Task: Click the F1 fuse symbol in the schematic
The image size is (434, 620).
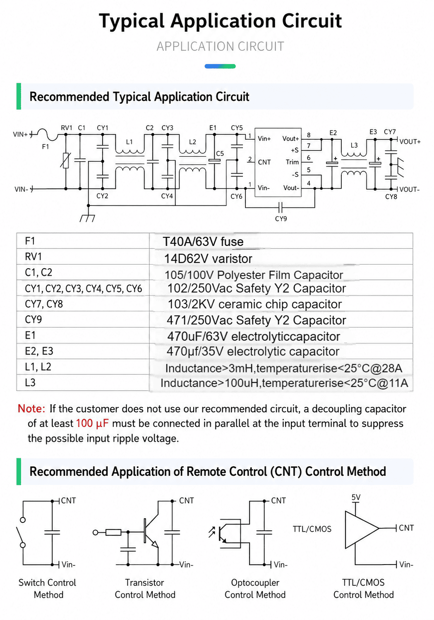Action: pyautogui.click(x=47, y=134)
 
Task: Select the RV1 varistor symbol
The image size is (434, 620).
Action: pyautogui.click(x=66, y=160)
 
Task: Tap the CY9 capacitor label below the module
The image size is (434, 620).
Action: pyautogui.click(x=281, y=219)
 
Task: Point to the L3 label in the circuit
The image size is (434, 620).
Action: pyautogui.click(x=354, y=145)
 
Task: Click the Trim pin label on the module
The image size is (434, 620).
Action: pyautogui.click(x=292, y=162)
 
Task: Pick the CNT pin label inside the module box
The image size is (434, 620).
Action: pyautogui.click(x=264, y=162)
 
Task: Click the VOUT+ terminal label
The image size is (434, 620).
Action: pyautogui.click(x=410, y=142)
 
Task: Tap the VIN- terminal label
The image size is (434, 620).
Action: pyautogui.click(x=22, y=190)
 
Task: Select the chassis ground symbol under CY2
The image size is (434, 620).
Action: pyautogui.click(x=88, y=218)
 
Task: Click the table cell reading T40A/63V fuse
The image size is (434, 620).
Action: pyautogui.click(x=203, y=242)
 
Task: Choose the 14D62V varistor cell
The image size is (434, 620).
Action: pyautogui.click(x=208, y=259)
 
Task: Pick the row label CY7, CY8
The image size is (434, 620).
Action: pyautogui.click(x=44, y=304)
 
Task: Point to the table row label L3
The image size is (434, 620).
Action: pyautogui.click(x=30, y=382)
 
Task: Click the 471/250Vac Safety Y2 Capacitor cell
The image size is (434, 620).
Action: pyautogui.click(x=256, y=320)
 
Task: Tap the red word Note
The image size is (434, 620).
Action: pyautogui.click(x=31, y=408)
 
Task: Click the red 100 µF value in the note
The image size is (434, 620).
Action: pyautogui.click(x=92, y=423)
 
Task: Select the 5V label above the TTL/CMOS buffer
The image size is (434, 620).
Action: pyautogui.click(x=356, y=497)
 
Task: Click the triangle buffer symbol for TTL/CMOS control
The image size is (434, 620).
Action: pyautogui.click(x=361, y=529)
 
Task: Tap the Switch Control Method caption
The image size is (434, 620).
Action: pyautogui.click(x=47, y=589)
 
